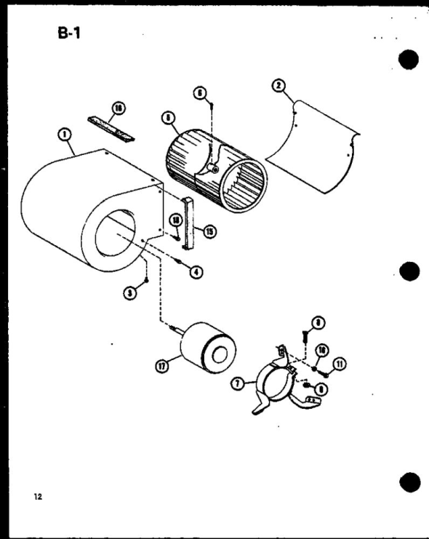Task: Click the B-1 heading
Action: click(71, 35)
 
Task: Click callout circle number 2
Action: click(278, 85)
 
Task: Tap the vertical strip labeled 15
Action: click(192, 221)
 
